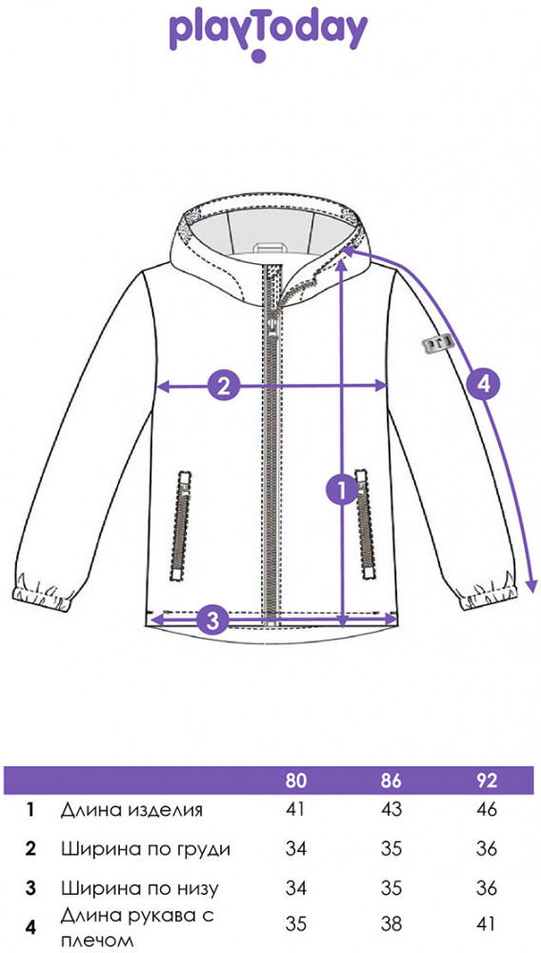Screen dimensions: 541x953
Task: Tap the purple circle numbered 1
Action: pos(343,490)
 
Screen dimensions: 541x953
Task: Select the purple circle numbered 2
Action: pos(224,385)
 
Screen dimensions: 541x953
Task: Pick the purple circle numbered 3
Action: pos(212,620)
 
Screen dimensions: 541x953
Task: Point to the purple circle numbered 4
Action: pos(483,383)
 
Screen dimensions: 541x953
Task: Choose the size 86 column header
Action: pos(391,781)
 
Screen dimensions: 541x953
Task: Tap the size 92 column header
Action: pos(487,781)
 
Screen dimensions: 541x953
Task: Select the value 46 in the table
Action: pos(487,810)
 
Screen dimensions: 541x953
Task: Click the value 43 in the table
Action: pos(391,810)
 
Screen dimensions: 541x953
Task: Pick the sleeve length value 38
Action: pos(391,924)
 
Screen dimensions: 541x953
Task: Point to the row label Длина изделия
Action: pos(131,811)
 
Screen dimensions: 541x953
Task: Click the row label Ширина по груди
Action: pos(146,849)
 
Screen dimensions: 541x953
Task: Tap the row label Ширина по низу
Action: pos(139,888)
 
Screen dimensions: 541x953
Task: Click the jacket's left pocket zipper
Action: pos(180,526)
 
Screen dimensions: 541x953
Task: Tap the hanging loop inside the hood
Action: pos(270,249)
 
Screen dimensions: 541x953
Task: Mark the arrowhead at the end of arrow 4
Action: pos(531,585)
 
